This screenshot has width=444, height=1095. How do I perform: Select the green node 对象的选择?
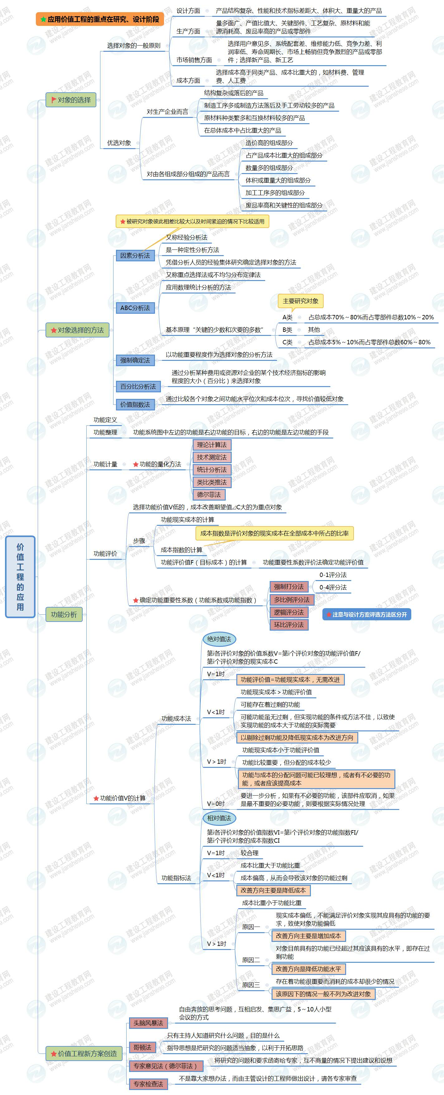pos(71,100)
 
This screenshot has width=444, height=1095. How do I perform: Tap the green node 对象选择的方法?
pos(77,330)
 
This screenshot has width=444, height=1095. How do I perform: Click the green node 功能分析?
pos(64,614)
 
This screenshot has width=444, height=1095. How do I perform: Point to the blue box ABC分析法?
pos(135,308)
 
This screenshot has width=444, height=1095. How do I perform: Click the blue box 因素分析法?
pos(135,255)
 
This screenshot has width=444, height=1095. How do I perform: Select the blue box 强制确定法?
pos(135,360)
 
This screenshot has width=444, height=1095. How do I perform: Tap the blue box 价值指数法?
pos(135,404)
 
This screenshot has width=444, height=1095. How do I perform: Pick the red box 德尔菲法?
pos(209,495)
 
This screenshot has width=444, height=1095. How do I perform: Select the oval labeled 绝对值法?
pos(219,639)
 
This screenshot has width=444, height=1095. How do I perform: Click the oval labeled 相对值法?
pos(219,818)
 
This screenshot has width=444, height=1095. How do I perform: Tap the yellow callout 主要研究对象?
pos(300,301)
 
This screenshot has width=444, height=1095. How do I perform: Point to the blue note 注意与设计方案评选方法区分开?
pos(367,614)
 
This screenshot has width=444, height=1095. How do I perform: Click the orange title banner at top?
pos(100,19)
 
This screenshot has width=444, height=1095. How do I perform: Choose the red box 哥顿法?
pos(142,1047)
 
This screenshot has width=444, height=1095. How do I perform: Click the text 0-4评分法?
pos(333,587)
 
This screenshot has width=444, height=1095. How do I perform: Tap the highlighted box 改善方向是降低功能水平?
pos(308,969)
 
